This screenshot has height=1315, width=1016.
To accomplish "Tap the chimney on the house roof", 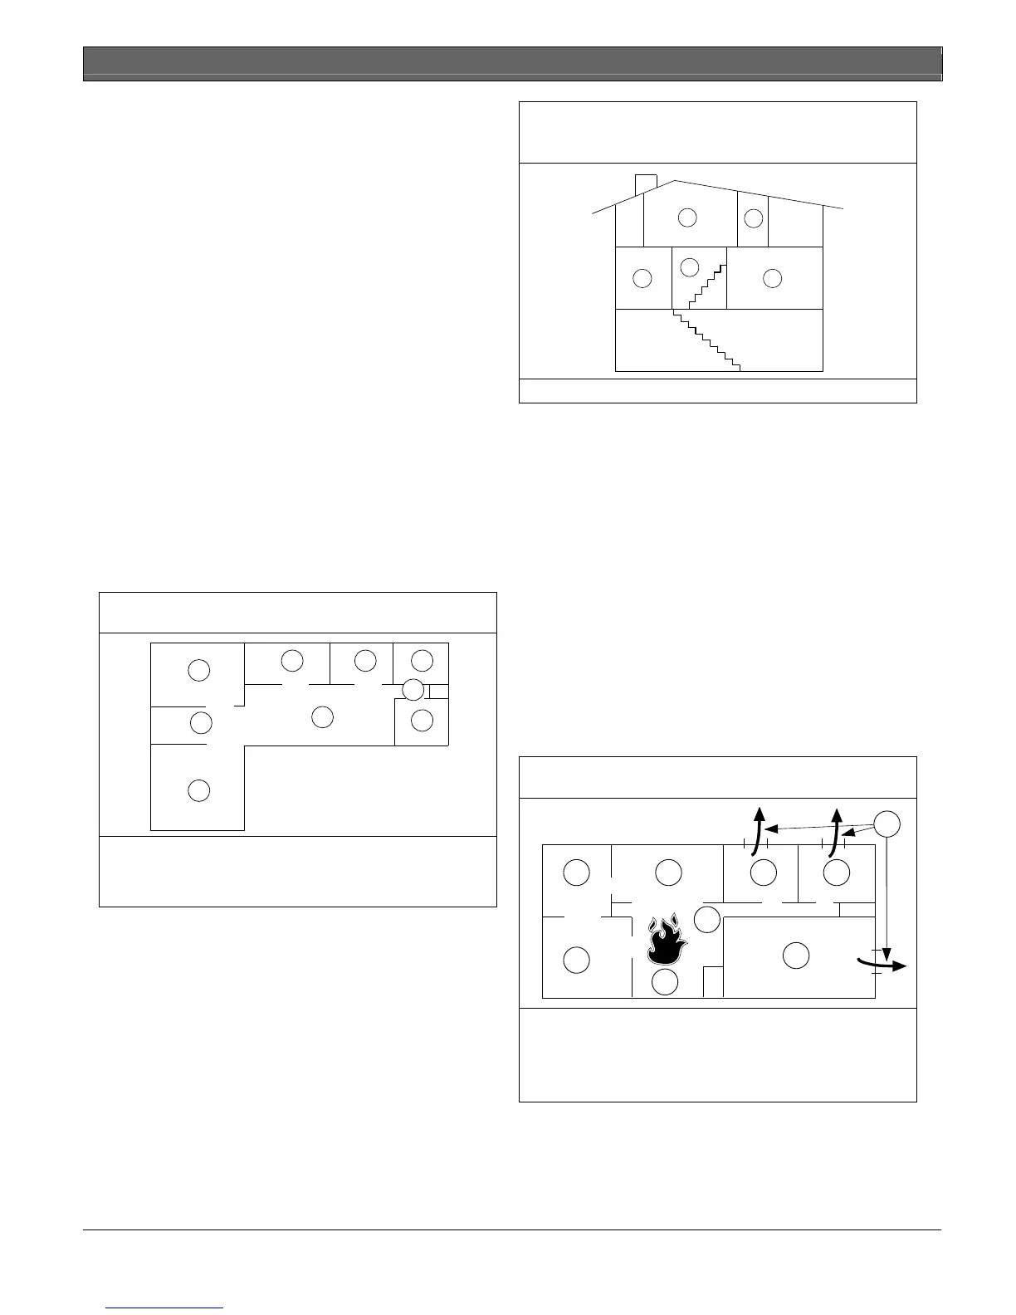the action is click(646, 184).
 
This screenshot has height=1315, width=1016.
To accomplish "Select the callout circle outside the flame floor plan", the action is click(887, 823).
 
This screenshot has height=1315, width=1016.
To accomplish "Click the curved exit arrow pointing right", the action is click(882, 963).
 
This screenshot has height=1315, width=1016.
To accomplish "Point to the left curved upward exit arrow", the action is click(757, 829).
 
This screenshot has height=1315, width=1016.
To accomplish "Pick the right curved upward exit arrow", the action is click(834, 829).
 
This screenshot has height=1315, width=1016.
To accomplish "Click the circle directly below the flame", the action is click(665, 982).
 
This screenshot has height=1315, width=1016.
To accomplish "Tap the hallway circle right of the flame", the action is click(706, 920).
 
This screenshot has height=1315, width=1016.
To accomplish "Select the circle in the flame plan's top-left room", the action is click(576, 873).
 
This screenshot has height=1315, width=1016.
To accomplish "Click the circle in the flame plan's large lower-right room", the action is click(796, 956).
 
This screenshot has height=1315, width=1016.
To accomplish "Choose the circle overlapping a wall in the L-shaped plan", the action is click(413, 689).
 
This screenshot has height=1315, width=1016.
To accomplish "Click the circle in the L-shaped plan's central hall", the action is click(322, 716).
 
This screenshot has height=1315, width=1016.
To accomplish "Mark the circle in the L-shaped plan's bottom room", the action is click(198, 790).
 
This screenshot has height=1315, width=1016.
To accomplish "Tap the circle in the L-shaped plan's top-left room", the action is click(198, 670).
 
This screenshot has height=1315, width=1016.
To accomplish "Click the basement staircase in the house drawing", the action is click(706, 340).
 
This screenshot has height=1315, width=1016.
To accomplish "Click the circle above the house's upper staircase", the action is click(690, 267).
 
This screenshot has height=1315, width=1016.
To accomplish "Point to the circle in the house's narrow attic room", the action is click(753, 218).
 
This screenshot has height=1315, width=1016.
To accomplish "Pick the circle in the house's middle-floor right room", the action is click(772, 278).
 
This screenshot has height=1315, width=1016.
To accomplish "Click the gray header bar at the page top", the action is click(512, 63).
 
